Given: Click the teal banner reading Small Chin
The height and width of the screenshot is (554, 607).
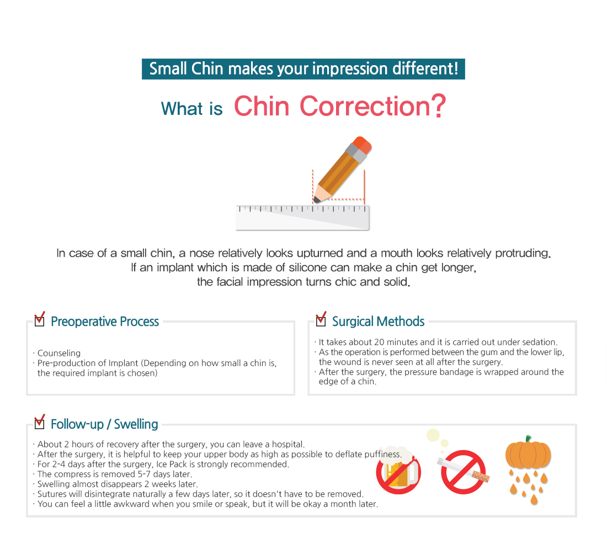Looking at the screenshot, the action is coord(303,69).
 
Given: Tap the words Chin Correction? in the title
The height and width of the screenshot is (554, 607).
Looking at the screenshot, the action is coord(340,105).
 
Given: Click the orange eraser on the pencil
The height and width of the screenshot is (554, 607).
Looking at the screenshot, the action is coord(362,145).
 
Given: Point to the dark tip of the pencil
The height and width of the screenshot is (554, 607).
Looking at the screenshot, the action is coord(317,200).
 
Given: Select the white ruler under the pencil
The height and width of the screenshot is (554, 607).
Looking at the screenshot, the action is coord(303,218).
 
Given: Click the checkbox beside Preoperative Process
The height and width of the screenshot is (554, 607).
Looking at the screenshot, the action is coord(40,320).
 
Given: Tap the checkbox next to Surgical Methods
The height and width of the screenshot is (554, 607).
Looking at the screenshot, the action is coord(321,320).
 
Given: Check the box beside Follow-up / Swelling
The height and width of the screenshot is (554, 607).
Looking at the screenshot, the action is coord(40,423).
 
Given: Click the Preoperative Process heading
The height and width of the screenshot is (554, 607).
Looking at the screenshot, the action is coord(105,321).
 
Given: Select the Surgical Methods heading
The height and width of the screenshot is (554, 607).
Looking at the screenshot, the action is coord(378,321).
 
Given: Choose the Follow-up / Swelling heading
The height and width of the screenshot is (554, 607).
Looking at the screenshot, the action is coord(104,424).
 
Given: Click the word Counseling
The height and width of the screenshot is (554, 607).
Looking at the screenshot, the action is coord(59,353).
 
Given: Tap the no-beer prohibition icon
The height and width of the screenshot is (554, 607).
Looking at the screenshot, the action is coord(398,472).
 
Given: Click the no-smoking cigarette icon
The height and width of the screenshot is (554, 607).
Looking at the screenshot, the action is coord(464,472).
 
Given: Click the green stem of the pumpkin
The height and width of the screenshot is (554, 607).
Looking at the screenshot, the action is coord(528,439).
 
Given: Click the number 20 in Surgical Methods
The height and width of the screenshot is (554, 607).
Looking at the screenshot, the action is coord(380,342).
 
